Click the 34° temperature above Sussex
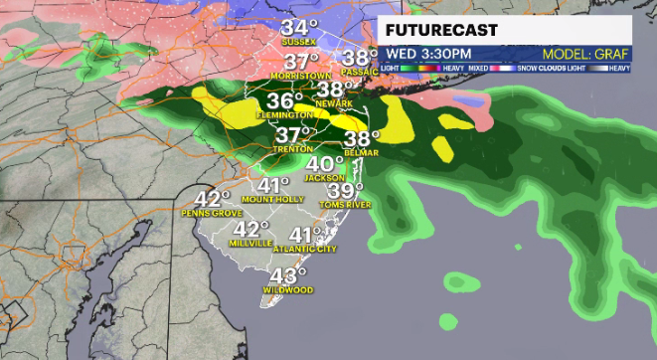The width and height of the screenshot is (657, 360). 299,28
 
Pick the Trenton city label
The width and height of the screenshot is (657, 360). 292,149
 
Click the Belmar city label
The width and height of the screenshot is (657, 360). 363,154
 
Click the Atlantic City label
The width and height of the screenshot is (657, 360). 306,249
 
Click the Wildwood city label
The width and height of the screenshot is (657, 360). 287,290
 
